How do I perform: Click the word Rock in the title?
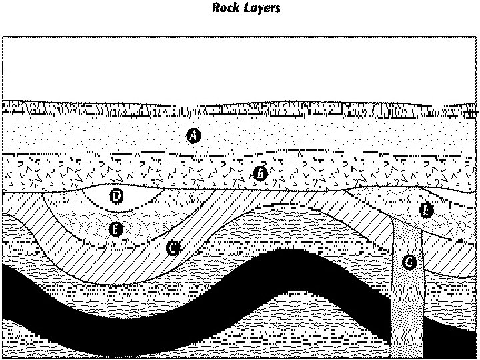224,9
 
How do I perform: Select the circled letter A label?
193,135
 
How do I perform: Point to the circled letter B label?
261,173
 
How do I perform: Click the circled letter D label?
116,196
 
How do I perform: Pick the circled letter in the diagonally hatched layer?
172,247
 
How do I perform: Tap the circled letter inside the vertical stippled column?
409,262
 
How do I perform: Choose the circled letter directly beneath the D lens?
115,229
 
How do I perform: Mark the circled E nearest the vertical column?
425,211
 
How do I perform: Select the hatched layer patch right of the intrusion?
447,257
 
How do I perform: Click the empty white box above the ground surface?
240,67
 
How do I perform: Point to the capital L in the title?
239,9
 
